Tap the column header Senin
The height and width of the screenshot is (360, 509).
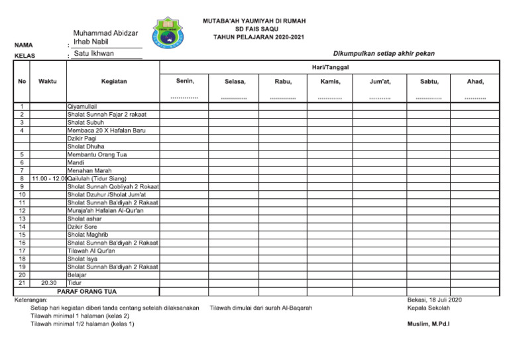pos(185,82)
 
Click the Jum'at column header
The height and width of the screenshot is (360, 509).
pos(380,82)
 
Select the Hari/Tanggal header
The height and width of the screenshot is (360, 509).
pos(330,67)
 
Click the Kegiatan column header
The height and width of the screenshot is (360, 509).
pos(114,82)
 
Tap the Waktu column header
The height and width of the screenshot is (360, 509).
pos(48,82)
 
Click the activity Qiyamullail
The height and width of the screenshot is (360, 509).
pos(82,106)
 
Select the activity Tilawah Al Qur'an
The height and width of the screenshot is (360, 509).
pos(91,251)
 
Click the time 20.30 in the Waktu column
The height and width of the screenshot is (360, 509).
pos(48,282)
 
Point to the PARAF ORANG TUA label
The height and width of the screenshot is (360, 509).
pos(86,291)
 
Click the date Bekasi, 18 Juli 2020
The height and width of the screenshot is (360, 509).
pos(434,300)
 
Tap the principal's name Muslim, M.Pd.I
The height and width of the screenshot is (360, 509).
pos(428,324)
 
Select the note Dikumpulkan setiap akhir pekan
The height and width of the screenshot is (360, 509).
pos(384,53)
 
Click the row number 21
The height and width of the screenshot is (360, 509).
pos(22,282)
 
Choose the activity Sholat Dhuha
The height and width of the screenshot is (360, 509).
pos(86,147)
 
